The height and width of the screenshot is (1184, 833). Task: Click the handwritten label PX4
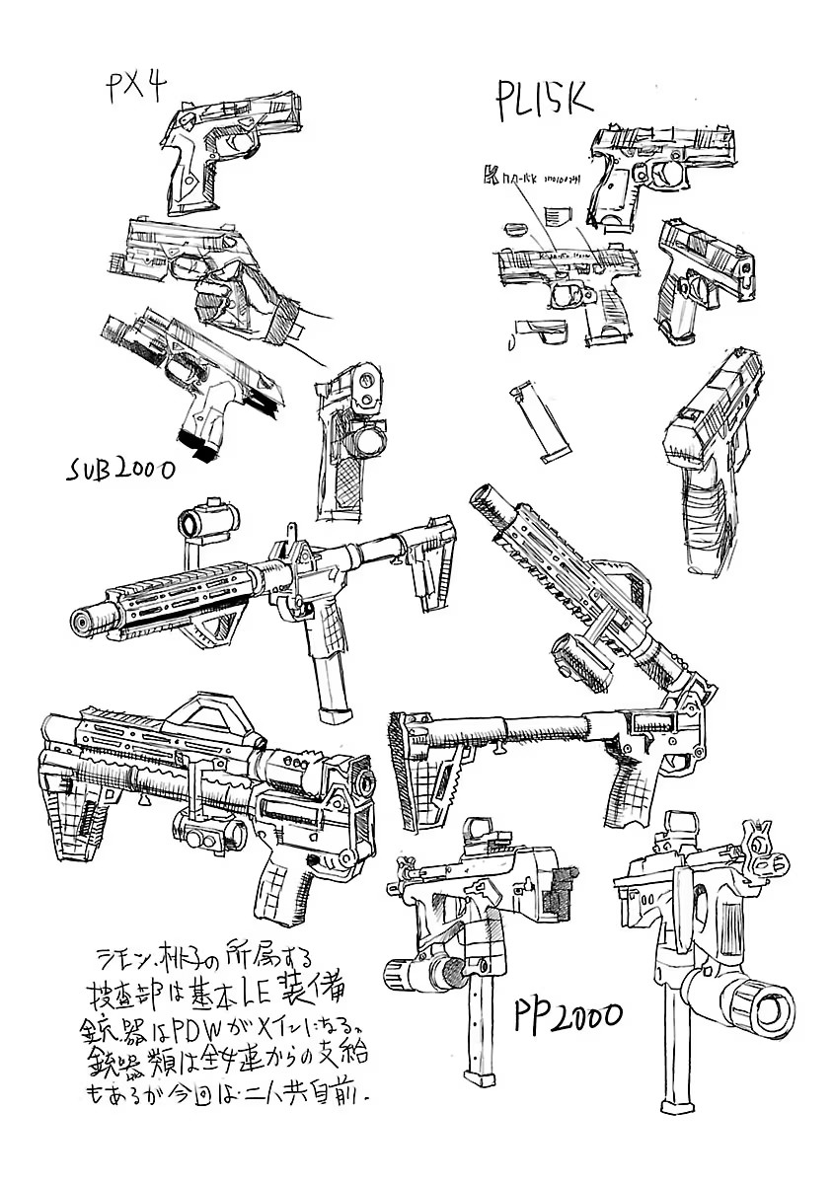133,90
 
